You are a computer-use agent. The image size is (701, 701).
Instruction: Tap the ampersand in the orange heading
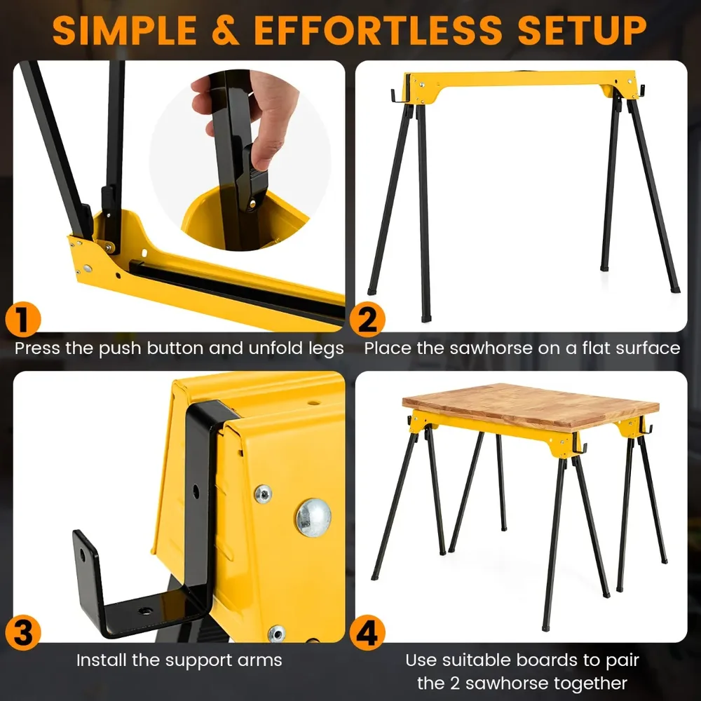point(225,30)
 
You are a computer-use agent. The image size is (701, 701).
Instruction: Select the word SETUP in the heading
point(582,30)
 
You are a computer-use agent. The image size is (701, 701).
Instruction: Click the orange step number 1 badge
point(23,320)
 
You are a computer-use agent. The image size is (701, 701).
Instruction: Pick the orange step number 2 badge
point(367,320)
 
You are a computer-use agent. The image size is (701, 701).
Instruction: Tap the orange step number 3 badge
point(23,632)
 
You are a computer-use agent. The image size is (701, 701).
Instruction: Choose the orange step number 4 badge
point(367,632)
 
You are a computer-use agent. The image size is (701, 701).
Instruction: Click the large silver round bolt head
point(313,517)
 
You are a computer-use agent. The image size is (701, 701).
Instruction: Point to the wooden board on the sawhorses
point(531,404)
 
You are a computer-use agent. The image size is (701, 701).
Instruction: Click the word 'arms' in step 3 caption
point(261,661)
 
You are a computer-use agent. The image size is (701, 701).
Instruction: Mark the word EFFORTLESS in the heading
point(379,30)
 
